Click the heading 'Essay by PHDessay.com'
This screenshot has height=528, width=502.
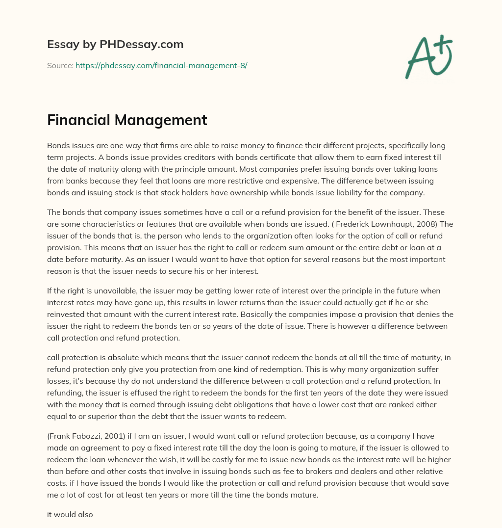click(x=115, y=45)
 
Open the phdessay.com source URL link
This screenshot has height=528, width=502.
click(x=161, y=65)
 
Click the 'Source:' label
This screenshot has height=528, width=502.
click(x=60, y=65)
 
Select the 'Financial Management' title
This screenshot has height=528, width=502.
click(x=127, y=120)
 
